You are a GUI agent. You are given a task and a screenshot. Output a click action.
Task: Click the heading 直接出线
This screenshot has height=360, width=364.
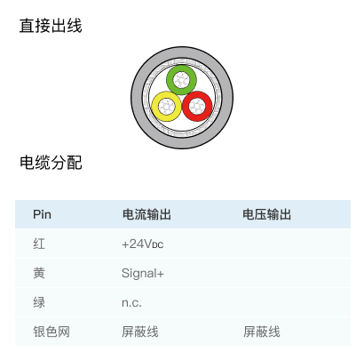(51, 26)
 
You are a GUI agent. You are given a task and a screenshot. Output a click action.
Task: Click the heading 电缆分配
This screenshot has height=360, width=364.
(51, 163)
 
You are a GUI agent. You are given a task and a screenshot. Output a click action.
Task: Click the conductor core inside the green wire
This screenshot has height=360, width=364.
(181, 80)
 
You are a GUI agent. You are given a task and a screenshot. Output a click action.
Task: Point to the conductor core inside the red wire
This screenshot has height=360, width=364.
(197, 106)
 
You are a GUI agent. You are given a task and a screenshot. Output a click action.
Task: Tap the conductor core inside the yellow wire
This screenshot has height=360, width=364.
(166, 107)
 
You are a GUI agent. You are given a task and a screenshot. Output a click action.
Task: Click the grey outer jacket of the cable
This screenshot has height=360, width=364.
(137, 98)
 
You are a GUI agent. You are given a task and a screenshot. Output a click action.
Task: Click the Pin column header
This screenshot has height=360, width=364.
(42, 214)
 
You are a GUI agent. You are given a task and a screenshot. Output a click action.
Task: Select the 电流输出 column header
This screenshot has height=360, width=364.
(146, 214)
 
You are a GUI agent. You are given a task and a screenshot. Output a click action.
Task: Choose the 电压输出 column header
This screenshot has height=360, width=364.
(266, 214)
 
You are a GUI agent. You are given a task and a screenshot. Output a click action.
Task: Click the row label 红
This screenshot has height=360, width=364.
(39, 244)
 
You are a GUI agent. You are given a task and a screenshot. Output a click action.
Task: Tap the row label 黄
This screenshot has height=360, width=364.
(39, 273)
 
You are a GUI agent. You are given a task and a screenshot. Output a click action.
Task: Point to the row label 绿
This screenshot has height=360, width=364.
(39, 302)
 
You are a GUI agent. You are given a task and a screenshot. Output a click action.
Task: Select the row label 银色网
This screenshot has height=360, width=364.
(51, 332)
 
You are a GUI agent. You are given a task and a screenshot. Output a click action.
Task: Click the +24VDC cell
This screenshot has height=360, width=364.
(142, 244)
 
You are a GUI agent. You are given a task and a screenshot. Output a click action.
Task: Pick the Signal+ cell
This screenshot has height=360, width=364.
(143, 274)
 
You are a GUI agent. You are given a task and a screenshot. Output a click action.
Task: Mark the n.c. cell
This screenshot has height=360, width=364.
(131, 303)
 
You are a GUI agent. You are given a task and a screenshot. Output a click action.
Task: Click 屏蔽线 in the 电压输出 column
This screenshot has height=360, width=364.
(262, 332)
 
